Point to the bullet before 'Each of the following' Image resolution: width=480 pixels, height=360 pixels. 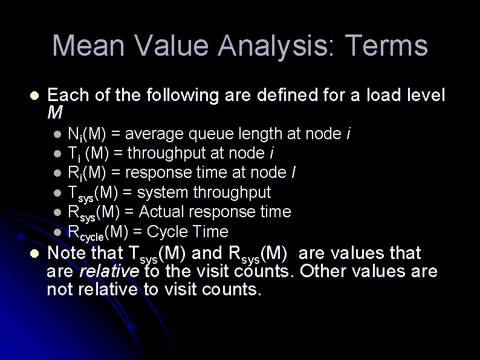[x=33, y=96]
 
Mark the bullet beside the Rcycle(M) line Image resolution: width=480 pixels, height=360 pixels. [x=57, y=232]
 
